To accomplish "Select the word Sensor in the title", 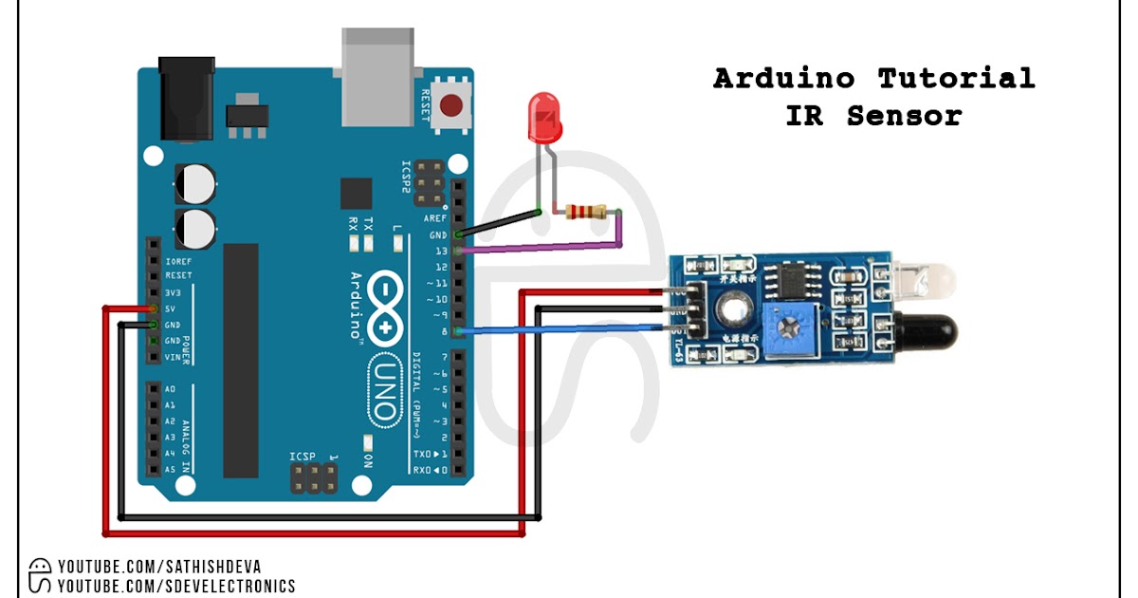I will (904, 116).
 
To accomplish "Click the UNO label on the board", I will (383, 388).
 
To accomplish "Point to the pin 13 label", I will (439, 251).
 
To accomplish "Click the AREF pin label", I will (436, 218).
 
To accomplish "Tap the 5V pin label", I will (172, 308).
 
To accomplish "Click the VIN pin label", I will (173, 357).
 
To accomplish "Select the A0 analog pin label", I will (170, 389).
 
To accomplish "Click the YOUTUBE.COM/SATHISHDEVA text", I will (156, 567).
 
